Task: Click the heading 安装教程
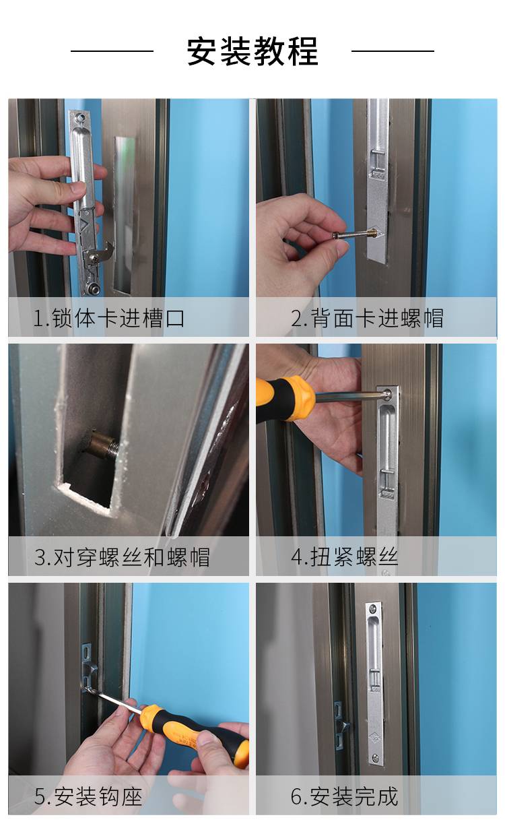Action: tap(252, 51)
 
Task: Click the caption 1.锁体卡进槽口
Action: tap(108, 318)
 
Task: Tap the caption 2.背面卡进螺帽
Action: tap(367, 318)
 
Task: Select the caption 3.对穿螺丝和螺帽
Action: tap(122, 557)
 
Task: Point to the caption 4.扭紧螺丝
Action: tap(344, 557)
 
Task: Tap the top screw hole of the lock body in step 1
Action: tap(79, 118)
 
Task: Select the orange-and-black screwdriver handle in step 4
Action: tap(285, 399)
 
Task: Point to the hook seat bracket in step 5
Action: tap(88, 668)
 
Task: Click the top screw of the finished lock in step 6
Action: tap(373, 607)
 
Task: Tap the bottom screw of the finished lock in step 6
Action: tap(376, 757)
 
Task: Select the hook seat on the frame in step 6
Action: tap(341, 724)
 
